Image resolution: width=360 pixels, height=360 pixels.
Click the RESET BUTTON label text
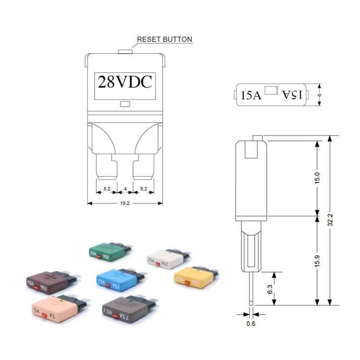pyautogui.click(x=165, y=39)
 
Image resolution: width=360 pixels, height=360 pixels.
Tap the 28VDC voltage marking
pyautogui.click(x=125, y=82)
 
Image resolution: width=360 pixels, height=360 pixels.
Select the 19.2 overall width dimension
pyautogui.click(x=125, y=203)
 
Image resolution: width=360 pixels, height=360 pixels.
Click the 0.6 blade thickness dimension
pyautogui.click(x=251, y=324)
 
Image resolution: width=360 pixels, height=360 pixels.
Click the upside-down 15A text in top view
pyautogui.click(x=292, y=95)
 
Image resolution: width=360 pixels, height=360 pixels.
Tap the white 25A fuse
pyautogui.click(x=165, y=259)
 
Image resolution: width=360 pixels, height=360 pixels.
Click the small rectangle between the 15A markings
pyautogui.click(x=272, y=90)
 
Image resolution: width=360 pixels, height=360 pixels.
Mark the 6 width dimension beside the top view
pyautogui.click(x=320, y=95)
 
